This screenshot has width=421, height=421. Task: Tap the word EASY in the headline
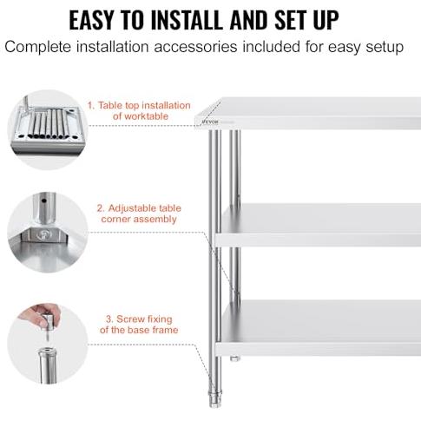tap(91, 20)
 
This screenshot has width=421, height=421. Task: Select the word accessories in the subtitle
tap(195, 47)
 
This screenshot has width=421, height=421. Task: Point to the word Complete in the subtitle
tap(38, 47)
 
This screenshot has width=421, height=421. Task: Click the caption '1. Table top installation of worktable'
tap(139, 110)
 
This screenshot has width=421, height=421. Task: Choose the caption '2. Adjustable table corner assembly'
tap(139, 214)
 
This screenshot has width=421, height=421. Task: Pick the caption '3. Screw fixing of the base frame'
tap(139, 325)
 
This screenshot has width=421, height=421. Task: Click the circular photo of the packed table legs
tap(48, 129)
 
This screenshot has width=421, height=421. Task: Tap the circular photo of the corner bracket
tap(48, 233)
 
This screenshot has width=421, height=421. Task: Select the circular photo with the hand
tap(48, 344)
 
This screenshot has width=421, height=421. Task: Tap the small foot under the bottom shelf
tap(235, 359)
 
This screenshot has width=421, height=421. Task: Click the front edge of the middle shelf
tap(318, 240)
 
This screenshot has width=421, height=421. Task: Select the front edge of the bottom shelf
tap(318, 349)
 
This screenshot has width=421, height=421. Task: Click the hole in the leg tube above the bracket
tap(43, 201)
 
